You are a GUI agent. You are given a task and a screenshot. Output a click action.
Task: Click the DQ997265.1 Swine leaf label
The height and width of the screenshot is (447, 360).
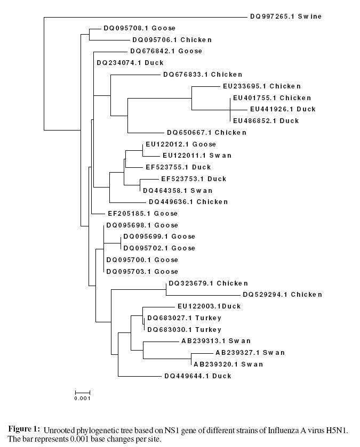tap(286, 17)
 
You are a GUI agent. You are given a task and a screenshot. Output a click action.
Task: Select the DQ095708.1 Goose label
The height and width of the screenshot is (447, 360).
tap(139, 28)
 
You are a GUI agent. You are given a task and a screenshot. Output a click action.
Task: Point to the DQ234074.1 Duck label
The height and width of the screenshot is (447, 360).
tap(130, 63)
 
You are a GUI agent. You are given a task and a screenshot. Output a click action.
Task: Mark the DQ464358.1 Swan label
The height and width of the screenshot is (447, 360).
tap(177, 191)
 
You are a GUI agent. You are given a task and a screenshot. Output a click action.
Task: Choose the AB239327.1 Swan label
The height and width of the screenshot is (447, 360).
tap(250, 353)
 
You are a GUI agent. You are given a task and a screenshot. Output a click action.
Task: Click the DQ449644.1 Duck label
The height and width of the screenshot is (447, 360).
tap(198, 376)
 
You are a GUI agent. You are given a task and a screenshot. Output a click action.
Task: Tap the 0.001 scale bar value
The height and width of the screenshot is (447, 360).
tap(82, 398)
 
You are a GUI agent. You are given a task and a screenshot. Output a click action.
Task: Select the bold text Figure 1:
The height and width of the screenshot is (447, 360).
tap(23, 429)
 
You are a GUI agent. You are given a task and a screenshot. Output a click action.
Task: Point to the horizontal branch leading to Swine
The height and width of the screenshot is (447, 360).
tap(144, 17)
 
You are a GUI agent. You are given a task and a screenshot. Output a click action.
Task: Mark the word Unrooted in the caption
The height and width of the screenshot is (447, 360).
tap(58, 429)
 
